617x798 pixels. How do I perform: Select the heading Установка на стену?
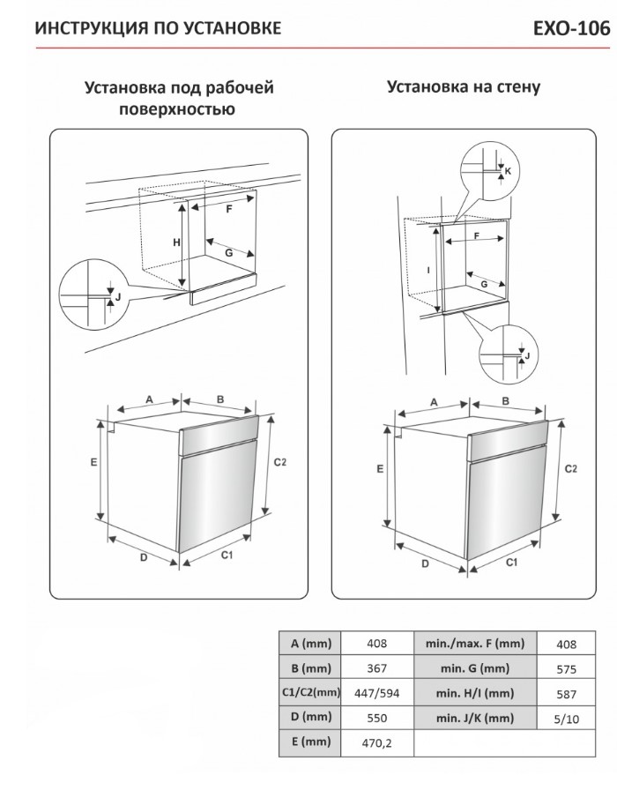coord(463,87)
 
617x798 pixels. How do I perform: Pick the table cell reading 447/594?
coord(376,693)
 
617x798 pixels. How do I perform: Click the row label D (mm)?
coord(309,718)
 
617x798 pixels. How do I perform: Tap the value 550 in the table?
coord(376,718)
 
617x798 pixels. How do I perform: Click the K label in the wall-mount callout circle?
coord(507,170)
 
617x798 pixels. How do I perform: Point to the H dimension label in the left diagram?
coord(176,242)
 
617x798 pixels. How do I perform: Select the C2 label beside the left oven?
coord(280,462)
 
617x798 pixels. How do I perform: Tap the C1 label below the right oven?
coord(509,562)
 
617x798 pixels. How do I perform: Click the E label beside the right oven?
coord(380,469)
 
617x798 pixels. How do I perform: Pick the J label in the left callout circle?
coord(117,297)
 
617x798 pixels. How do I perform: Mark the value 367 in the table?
coord(376,669)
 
